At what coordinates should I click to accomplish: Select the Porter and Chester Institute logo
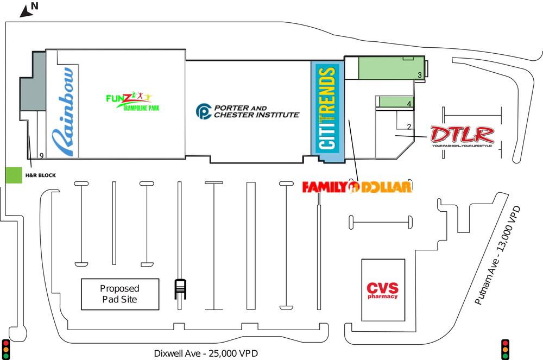(248, 111)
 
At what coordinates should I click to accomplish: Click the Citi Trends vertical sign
(327, 108)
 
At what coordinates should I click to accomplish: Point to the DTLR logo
(462, 136)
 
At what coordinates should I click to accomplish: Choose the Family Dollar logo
(357, 187)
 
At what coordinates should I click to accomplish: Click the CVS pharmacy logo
(382, 290)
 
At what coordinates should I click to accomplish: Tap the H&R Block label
(41, 175)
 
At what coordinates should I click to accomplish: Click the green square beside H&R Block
(13, 175)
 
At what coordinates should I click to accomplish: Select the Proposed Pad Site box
(120, 294)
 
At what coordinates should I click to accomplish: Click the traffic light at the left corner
(7, 349)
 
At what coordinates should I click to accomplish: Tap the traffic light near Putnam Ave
(505, 349)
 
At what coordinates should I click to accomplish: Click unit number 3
(420, 74)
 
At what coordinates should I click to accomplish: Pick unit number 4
(409, 103)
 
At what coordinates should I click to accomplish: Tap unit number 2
(409, 127)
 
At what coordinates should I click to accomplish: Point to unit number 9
(41, 155)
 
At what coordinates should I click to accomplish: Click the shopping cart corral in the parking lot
(180, 289)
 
